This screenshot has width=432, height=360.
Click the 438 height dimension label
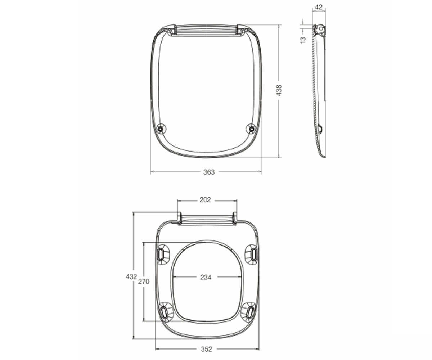pyautogui.click(x=279, y=90)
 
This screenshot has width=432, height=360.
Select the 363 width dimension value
pyautogui.click(x=209, y=172)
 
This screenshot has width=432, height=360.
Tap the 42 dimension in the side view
pyautogui.click(x=319, y=7)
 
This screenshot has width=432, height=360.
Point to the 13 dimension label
pyautogui.click(x=303, y=40)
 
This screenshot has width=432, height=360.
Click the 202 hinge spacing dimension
pyautogui.click(x=205, y=200)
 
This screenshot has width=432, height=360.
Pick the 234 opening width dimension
pyautogui.click(x=206, y=277)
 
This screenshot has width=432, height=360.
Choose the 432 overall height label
pyautogui.click(x=131, y=276)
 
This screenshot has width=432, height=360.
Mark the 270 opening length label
pyautogui.click(x=144, y=282)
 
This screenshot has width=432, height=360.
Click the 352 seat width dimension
pyautogui.click(x=207, y=349)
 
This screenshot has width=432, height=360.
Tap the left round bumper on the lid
pyautogui.click(x=161, y=129)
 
